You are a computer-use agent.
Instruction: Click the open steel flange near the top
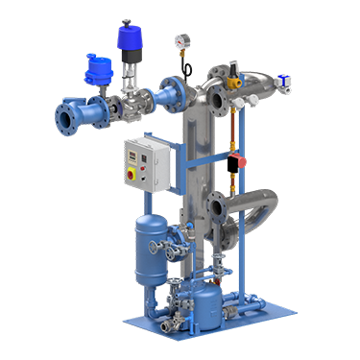click(x=216, y=98)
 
